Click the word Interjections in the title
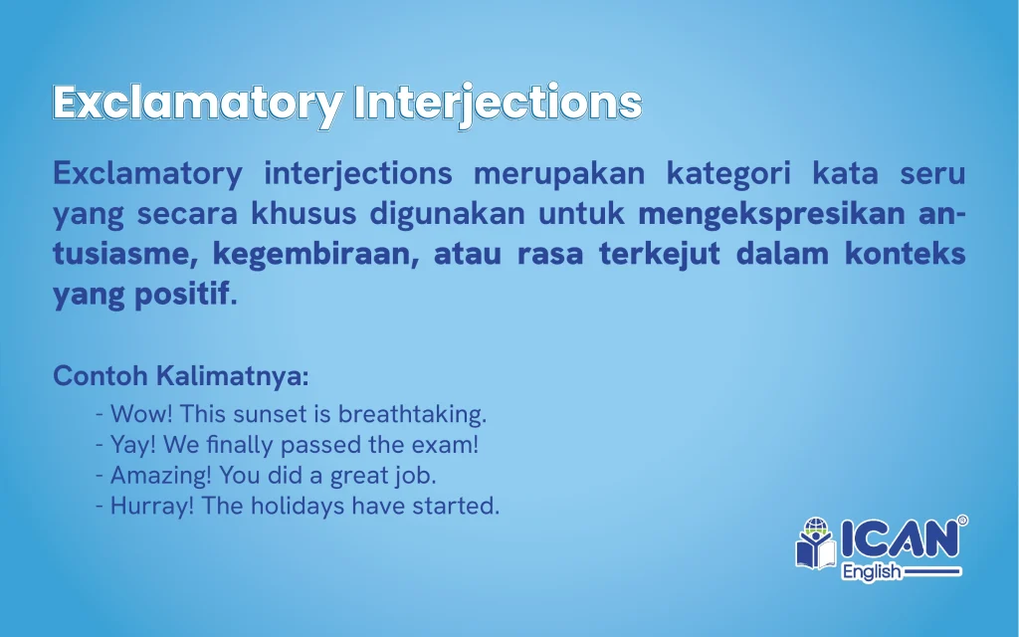coord(499,104)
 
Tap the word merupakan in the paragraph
coord(559,173)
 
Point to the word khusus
coord(304,213)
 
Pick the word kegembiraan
coord(315,255)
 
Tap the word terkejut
coord(660,254)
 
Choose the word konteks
coord(906,254)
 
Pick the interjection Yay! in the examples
coord(133,445)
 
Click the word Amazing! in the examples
coord(161,476)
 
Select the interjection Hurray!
coord(152,506)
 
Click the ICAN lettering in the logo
coord(900,538)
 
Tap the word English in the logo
coord(872,572)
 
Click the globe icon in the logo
coord(816,526)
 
